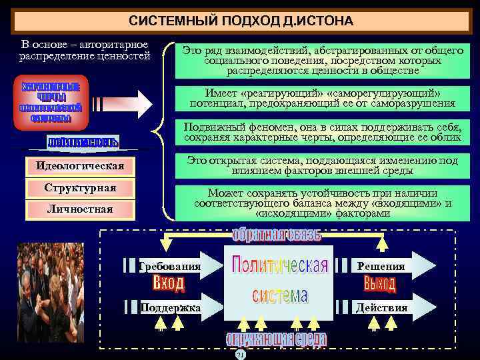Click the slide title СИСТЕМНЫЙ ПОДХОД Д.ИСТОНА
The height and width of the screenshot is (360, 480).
click(x=241, y=22)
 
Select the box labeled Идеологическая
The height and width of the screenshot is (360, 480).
click(x=80, y=165)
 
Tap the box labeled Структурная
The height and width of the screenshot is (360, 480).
click(x=80, y=188)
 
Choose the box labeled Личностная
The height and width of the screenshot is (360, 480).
click(x=80, y=210)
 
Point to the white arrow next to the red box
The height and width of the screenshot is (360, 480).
click(x=121, y=103)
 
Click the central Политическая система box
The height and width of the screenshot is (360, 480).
click(x=279, y=280)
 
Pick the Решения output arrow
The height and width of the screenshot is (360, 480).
click(x=387, y=266)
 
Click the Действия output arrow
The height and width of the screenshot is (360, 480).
click(x=387, y=307)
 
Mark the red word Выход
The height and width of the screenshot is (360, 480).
click(x=380, y=285)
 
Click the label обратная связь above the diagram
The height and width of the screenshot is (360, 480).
click(x=277, y=235)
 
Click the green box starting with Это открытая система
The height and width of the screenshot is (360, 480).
click(x=323, y=166)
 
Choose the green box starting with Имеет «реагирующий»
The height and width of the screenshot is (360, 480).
click(x=323, y=98)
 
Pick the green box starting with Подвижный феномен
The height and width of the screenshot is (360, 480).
click(x=323, y=132)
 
